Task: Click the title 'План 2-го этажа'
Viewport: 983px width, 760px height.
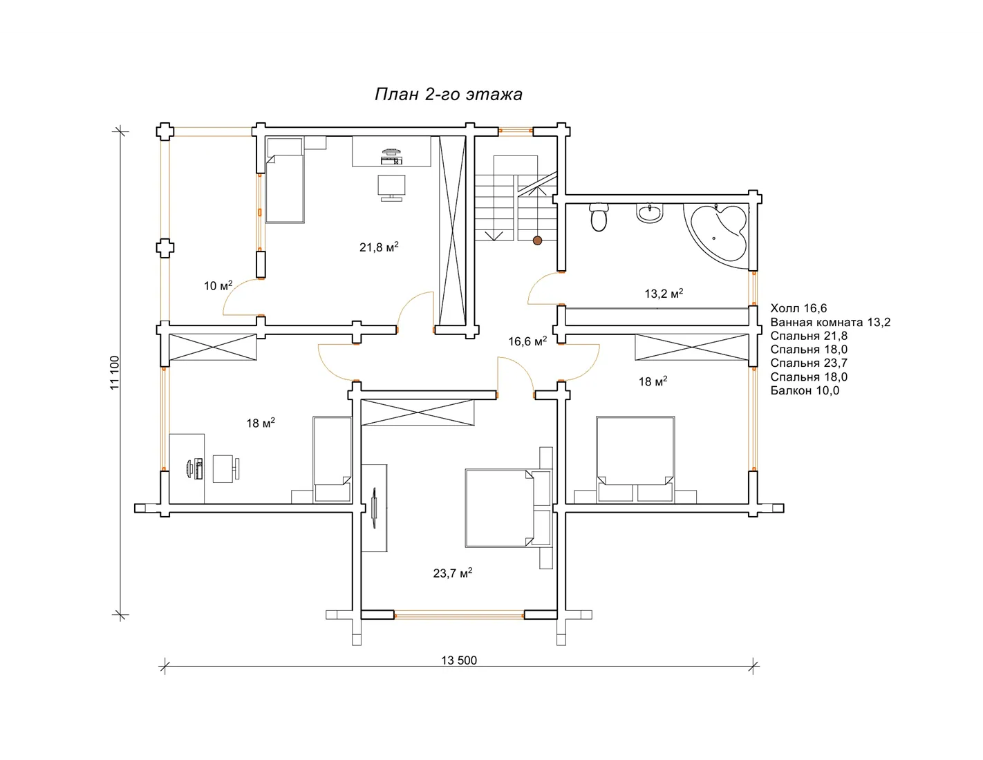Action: point(449,95)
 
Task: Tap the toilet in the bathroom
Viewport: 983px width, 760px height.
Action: point(599,218)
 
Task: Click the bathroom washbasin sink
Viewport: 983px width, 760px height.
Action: point(650,213)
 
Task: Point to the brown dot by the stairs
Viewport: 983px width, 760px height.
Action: point(537,240)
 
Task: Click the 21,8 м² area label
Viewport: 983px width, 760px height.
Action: point(379,247)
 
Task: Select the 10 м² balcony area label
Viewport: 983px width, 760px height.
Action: point(218,286)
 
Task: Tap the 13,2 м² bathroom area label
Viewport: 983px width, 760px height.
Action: point(664,294)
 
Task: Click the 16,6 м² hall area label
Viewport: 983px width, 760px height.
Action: point(527,341)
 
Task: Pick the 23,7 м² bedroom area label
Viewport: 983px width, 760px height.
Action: point(452,573)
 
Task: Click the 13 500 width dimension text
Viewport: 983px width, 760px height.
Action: point(459,661)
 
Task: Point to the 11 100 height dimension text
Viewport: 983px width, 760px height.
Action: point(115,372)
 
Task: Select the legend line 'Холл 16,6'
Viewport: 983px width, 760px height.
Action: point(798,308)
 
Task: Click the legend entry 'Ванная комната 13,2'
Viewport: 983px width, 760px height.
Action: point(830,323)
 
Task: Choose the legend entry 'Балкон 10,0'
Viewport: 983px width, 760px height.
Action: point(805,390)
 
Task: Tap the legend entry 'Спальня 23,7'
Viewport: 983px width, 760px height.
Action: point(809,363)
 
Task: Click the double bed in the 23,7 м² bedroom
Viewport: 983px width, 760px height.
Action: point(509,508)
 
